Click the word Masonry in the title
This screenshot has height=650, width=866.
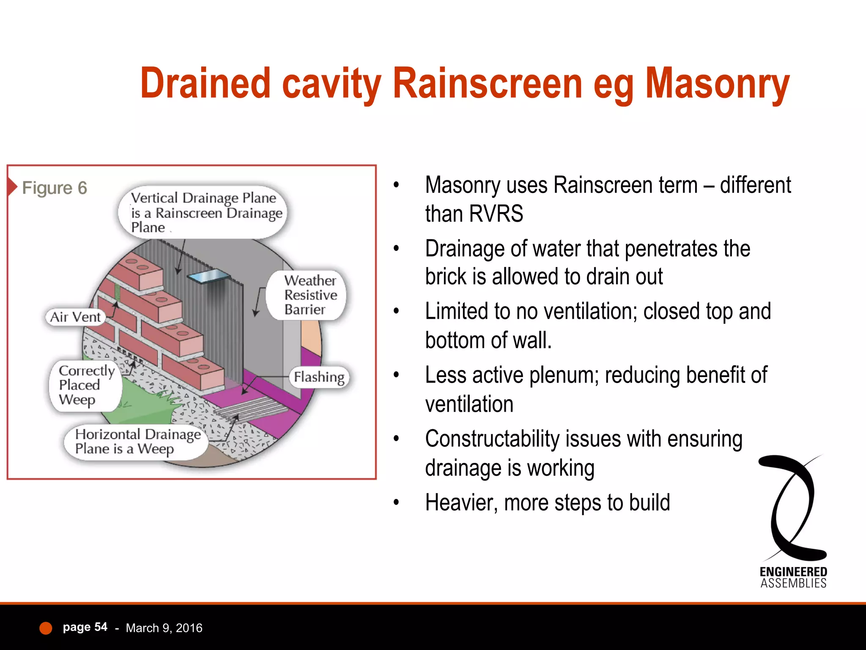[717, 85]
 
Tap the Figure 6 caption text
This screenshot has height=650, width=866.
[54, 188]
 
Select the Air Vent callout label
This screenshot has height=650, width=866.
[75, 317]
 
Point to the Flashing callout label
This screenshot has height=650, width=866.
[319, 377]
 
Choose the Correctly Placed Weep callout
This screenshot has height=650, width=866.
[85, 385]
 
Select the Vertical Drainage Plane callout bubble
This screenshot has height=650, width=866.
[203, 212]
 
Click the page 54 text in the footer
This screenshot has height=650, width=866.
[85, 627]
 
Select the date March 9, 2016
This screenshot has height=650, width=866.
[164, 628]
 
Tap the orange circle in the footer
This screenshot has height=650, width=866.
[46, 628]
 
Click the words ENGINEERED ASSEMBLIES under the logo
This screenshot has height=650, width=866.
[793, 578]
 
